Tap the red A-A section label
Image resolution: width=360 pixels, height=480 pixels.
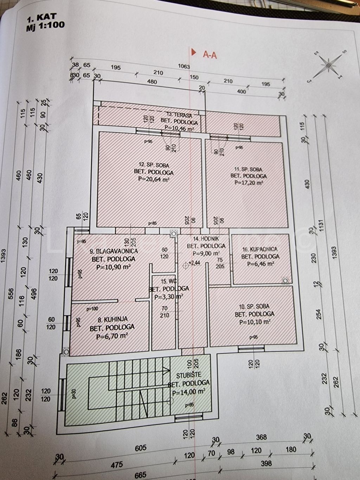coord(210,55)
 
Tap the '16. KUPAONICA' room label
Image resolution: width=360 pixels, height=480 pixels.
coord(260,249)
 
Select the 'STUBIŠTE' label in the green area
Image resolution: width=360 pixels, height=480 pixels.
coord(189,375)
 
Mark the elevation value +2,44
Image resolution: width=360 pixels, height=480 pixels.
coord(195,263)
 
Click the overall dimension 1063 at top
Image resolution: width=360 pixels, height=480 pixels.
coord(184,66)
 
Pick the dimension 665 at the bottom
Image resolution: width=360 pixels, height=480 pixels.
coord(140,475)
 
